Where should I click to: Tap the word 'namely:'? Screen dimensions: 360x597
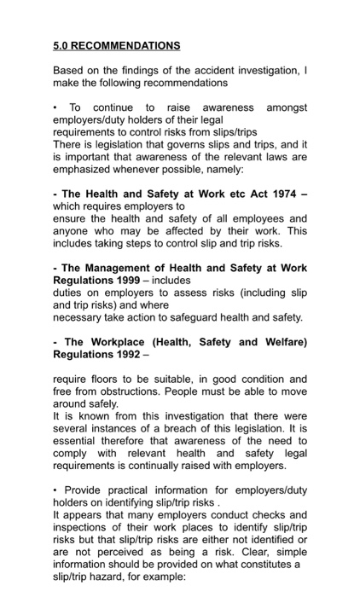coord(253,169)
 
